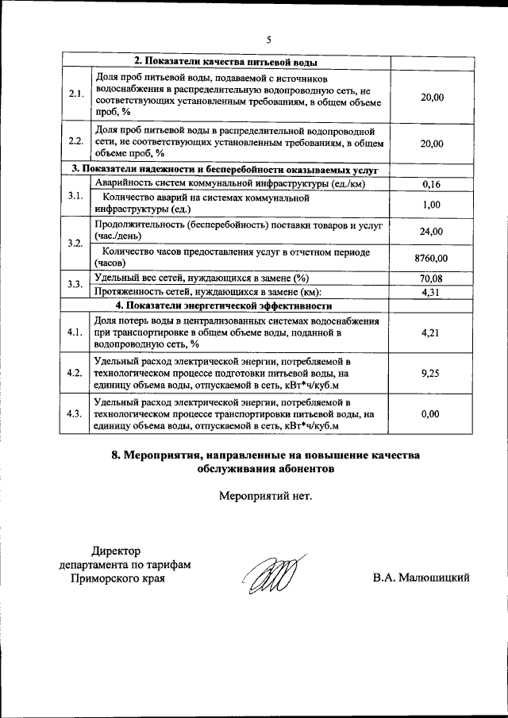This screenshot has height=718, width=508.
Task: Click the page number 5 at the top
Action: (268, 40)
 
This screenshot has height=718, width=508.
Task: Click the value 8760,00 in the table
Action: (432, 258)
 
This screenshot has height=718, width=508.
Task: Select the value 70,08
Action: (432, 278)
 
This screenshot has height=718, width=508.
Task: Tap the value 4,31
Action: (432, 291)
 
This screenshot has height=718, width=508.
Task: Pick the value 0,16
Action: (432, 184)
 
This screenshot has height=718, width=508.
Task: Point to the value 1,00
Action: (432, 204)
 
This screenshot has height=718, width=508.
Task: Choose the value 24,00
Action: (432, 231)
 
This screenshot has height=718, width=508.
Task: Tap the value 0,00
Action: (432, 414)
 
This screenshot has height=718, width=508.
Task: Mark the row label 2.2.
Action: (76, 142)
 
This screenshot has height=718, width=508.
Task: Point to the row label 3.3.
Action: (76, 284)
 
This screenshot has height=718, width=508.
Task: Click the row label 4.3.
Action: (76, 414)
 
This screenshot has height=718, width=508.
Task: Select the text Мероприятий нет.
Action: (265, 497)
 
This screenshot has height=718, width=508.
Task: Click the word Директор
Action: (116, 551)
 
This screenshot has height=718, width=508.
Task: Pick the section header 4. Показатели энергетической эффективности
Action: (223, 305)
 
